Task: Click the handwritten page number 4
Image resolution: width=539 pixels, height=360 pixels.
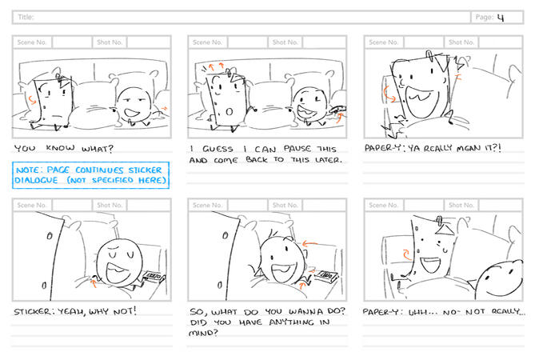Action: pos(501,17)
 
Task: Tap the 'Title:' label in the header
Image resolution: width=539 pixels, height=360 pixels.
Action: pos(26,17)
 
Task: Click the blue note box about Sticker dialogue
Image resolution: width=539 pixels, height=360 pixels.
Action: pos(90,175)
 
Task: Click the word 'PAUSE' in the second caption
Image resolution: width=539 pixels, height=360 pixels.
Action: pos(297,149)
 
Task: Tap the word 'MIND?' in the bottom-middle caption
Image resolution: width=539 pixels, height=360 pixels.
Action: pos(203,333)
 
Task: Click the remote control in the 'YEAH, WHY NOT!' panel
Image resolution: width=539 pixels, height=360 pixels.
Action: pos(154,277)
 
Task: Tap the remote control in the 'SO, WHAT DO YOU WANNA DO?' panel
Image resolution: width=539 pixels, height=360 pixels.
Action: pos(325,276)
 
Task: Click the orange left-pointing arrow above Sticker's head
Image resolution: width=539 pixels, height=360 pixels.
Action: pos(309,244)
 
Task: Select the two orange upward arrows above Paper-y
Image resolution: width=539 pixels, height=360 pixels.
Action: pos(216,66)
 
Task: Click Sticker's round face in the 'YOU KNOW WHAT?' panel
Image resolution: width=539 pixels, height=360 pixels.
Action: pos(134,105)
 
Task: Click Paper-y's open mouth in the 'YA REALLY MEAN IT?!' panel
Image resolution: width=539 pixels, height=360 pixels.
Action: pos(421,101)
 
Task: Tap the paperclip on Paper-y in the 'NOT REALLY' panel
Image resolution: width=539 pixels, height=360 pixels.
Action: pos(439,221)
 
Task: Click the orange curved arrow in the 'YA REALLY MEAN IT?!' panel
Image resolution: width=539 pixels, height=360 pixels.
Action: pos(389,94)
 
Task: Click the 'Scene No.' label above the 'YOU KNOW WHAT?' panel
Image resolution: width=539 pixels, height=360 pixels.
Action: pos(32,42)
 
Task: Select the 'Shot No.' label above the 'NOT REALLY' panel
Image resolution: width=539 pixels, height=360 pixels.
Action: pos(461,205)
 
